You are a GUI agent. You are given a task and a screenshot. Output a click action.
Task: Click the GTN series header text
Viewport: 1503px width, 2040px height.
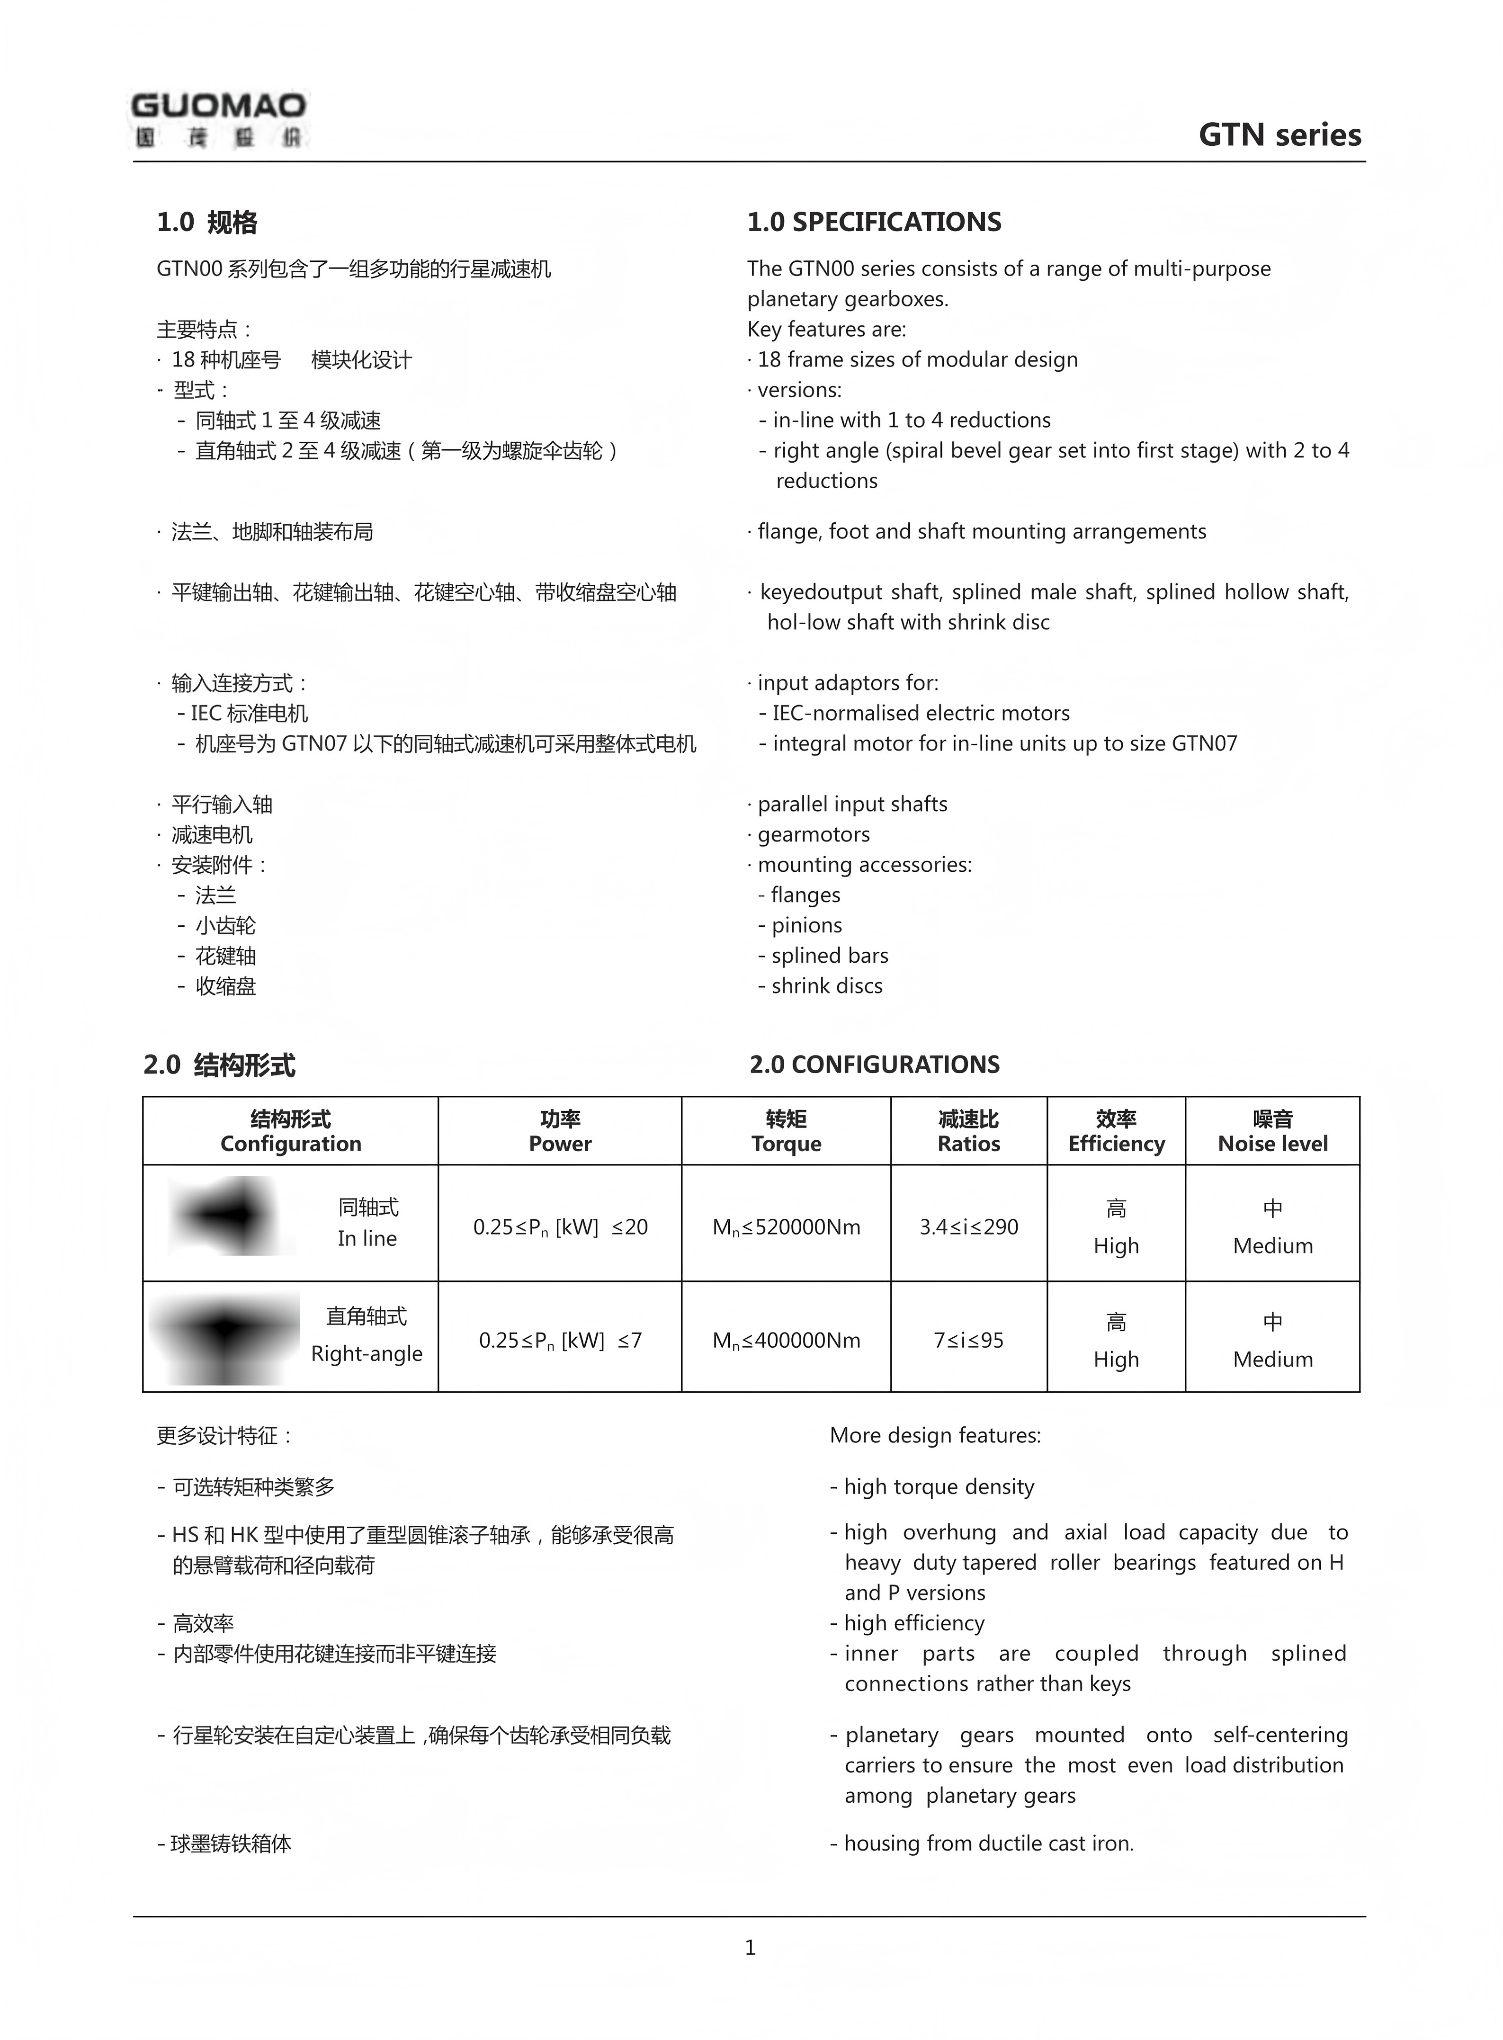1279,134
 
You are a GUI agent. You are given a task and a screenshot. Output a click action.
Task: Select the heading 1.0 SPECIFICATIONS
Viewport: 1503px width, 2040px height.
873,222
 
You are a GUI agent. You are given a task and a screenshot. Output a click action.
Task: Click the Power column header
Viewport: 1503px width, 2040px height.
560,1131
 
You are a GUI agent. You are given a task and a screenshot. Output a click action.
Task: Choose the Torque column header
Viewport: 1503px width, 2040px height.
786,1131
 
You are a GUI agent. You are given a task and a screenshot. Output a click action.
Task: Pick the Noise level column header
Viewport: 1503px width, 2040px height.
1272,1131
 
